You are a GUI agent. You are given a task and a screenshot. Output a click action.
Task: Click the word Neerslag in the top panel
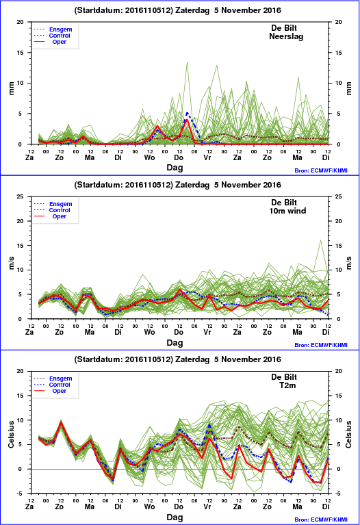pyautogui.click(x=286, y=36)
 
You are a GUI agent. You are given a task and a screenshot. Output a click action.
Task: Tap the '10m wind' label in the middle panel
pyautogui.click(x=287, y=211)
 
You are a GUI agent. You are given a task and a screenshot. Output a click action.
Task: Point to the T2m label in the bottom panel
pyautogui.click(x=287, y=385)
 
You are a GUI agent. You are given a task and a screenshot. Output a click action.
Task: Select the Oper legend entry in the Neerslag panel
pyautogui.click(x=60, y=42)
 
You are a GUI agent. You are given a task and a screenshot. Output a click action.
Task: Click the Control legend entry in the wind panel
pyautogui.click(x=60, y=210)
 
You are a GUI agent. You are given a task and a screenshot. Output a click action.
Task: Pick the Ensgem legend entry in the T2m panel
pyautogui.click(x=61, y=379)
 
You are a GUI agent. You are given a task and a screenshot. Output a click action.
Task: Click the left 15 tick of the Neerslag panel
pyautogui.click(x=21, y=53)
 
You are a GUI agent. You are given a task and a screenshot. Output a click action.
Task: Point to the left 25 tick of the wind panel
pyautogui.click(x=21, y=196)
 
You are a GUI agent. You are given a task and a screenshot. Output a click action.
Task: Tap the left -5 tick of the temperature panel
pyautogui.click(x=21, y=494)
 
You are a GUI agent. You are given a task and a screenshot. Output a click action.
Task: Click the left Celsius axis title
pyautogui.click(x=11, y=434)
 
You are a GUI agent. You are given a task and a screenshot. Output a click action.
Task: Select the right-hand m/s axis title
pyautogui.click(x=348, y=263)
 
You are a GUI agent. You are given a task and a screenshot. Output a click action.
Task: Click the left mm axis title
pyautogui.click(x=11, y=88)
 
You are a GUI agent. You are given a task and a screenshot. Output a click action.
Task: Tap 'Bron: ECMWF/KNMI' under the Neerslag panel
pyautogui.click(x=321, y=170)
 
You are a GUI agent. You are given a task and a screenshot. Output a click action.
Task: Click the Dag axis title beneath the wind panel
pyautogui.click(x=175, y=342)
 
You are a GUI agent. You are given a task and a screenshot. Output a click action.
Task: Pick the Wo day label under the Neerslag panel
pyautogui.click(x=149, y=157)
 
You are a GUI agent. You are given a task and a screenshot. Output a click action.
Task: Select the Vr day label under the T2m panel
pyautogui.click(x=207, y=507)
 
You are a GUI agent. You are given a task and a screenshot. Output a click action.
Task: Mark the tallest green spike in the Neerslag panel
pyautogui.click(x=187, y=62)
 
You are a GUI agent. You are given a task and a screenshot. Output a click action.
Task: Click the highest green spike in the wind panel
pyautogui.click(x=320, y=240)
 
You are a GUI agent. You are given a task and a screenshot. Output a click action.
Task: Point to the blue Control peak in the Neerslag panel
pyautogui.click(x=187, y=113)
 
